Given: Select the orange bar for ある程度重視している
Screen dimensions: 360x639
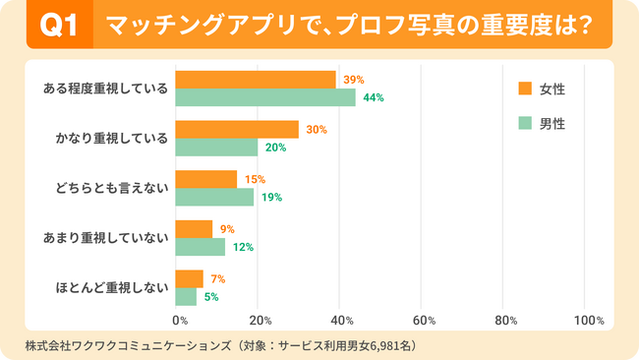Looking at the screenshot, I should click(256, 79).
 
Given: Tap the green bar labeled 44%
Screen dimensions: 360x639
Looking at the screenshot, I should click(265, 97).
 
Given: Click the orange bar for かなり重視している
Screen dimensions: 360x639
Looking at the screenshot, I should click(237, 129).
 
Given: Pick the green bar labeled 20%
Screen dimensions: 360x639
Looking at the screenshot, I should click(216, 148).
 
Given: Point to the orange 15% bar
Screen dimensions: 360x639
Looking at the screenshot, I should click(206, 178).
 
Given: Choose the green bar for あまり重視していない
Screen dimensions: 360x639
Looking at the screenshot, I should click(200, 247).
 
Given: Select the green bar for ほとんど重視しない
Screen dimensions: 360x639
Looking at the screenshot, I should click(186, 296).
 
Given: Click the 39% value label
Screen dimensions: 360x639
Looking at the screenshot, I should click(354, 79).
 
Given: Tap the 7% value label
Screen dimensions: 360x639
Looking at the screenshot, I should click(218, 278).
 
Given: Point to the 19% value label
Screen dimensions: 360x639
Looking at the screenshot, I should click(271, 197).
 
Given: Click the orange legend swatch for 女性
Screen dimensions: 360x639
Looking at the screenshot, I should click(524, 90).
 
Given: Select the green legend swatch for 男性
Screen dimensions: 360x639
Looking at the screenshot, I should click(524, 124).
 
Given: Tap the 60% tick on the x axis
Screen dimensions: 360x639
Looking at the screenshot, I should click(424, 321).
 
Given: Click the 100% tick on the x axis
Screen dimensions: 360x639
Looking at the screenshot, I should click(588, 321).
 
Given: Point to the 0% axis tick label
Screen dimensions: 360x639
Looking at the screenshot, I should click(180, 321).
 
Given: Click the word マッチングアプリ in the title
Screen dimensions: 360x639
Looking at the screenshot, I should click(177, 25).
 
